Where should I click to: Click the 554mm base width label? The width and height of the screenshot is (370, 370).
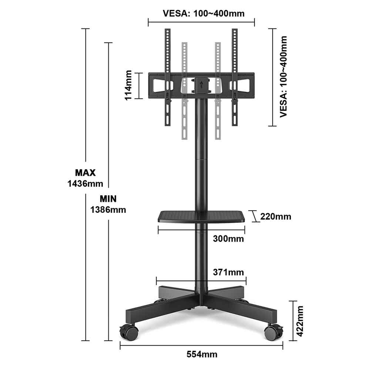pyautogui.click(x=202, y=354)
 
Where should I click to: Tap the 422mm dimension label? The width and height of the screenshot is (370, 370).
pyautogui.click(x=299, y=321)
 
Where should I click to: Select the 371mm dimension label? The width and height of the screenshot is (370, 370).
pyautogui.click(x=228, y=272)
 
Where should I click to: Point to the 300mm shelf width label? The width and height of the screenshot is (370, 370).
pyautogui.click(x=228, y=239)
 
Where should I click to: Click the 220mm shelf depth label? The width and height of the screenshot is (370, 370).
pyautogui.click(x=276, y=216)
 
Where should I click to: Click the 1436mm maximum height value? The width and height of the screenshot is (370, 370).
pyautogui.click(x=85, y=184)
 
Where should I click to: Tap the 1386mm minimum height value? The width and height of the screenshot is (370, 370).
pyautogui.click(x=108, y=209)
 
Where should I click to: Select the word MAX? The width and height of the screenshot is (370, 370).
pyautogui.click(x=85, y=173)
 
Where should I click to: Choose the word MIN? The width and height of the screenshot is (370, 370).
pyautogui.click(x=108, y=199)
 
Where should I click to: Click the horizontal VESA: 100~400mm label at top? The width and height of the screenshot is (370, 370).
pyautogui.click(x=203, y=13)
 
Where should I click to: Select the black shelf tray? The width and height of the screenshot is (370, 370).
pyautogui.click(x=201, y=216)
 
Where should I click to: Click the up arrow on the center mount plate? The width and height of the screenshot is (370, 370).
pyautogui.click(x=201, y=85)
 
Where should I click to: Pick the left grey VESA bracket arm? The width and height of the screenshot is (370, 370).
pyautogui.click(x=185, y=91)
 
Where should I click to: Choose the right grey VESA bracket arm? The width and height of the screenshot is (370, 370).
pyautogui.click(x=218, y=91)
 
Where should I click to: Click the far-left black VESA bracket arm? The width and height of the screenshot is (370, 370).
pyautogui.click(x=168, y=77)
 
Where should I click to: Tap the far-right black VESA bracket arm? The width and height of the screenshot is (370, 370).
pyautogui.click(x=235, y=77)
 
